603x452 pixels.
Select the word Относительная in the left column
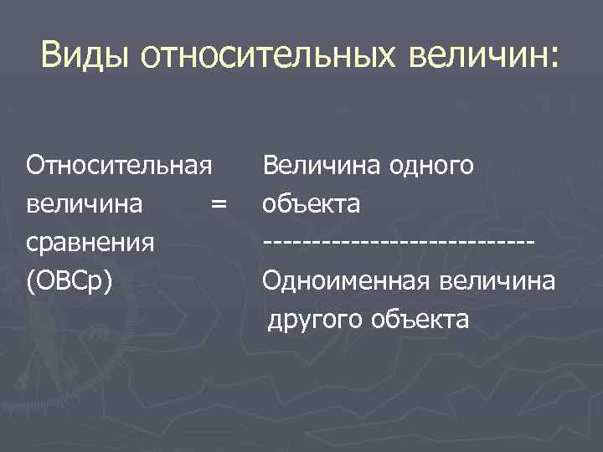tap(118, 165)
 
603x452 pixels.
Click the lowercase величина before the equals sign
tap(84, 204)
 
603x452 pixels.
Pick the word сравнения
tap(90, 243)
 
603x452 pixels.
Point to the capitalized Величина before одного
tap(322, 165)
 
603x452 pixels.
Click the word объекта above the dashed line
tap(311, 204)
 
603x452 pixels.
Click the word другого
tap(313, 320)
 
